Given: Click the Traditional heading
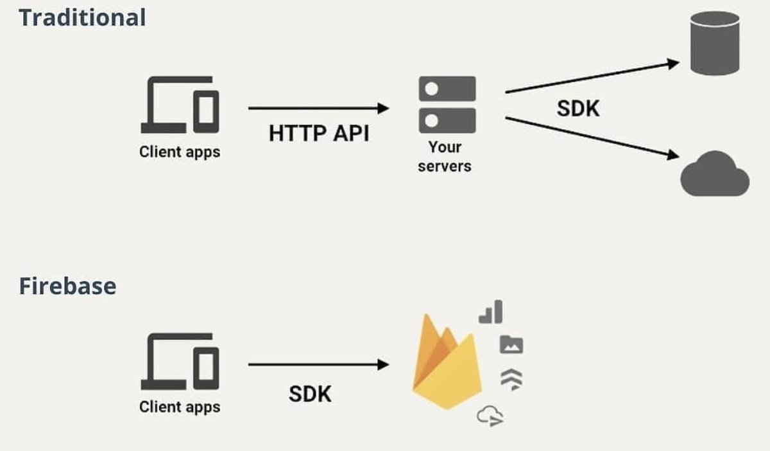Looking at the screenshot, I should pos(82,17).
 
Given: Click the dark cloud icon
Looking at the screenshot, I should pos(714,174).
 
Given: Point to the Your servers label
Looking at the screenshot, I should pos(444,157).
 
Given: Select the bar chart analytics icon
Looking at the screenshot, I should pos(491,313).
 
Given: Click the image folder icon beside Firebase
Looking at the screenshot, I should pos(511,345).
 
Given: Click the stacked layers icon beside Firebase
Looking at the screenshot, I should pos(511,380).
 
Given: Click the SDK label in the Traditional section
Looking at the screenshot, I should pos(577,109).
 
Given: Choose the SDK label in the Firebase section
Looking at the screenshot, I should pos(310,394).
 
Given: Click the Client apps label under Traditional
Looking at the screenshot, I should pos(180,153).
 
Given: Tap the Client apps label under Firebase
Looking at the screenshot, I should pos(180,407).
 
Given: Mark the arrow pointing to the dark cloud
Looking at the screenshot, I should pos(592,136).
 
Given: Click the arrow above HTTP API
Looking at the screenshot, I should pos(318,109).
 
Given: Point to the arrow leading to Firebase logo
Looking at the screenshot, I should pos(318,365).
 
